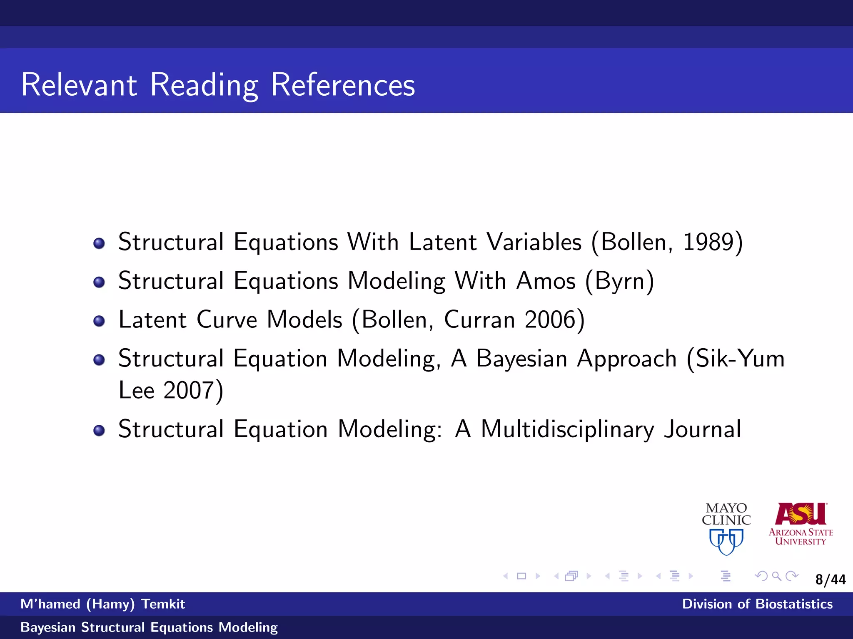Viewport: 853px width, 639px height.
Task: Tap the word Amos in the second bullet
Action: tap(546, 281)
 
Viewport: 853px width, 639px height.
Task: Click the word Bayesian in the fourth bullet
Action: tap(521, 358)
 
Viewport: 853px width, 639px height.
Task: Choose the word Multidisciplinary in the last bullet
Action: tap(567, 429)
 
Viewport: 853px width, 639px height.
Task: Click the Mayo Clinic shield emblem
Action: tap(726, 541)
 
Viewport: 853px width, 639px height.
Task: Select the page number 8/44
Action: tap(830, 580)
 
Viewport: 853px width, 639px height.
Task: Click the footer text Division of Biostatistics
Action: tap(757, 604)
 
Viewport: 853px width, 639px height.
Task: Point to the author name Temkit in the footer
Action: tap(163, 604)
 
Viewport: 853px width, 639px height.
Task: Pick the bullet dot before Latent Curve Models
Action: tap(99, 321)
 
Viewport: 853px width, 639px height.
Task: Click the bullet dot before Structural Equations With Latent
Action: tap(99, 243)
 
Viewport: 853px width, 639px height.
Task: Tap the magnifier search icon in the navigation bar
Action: tap(776, 576)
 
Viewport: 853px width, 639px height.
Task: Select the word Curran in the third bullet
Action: tap(479, 319)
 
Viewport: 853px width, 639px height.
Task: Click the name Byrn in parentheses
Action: tap(620, 281)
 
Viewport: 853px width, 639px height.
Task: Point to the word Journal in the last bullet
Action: tap(702, 429)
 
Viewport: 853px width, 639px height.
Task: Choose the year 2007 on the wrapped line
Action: tap(188, 390)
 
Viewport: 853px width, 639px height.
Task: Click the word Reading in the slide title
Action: tap(204, 85)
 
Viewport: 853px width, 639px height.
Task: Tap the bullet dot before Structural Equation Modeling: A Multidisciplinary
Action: tap(99, 430)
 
